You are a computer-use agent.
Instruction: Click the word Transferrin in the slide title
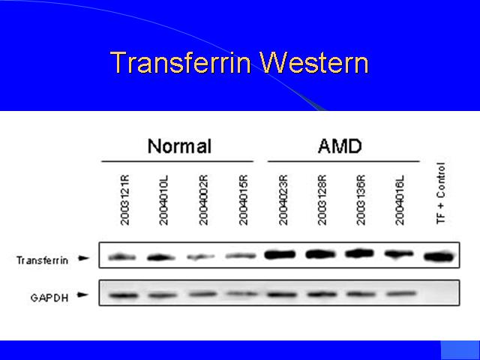pos(181,62)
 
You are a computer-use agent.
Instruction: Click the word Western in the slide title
pos(314,62)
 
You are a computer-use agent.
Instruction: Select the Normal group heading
pos(179,146)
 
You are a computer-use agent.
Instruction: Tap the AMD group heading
pos(340,146)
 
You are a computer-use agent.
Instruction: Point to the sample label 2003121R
pos(125,200)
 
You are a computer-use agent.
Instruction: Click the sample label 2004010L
pos(163,200)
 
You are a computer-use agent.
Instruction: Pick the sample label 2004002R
pos(203,200)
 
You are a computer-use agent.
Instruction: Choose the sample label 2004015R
pos(243,200)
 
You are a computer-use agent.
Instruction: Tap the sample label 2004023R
pos(283,200)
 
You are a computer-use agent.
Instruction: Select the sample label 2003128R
pos(322,200)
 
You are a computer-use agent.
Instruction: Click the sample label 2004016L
pos(400,200)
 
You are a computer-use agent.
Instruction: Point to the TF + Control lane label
pos(440,193)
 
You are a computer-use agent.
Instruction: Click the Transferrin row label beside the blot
pos(42,260)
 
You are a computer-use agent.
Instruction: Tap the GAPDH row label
pos(49,298)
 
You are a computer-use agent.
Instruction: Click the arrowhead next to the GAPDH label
pos(83,295)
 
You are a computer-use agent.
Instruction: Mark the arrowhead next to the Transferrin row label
pos(83,258)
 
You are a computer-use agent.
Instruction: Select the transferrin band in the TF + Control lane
pos(439,256)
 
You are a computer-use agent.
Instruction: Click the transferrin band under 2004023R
pos(280,254)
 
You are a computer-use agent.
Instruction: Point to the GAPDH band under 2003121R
pos(124,295)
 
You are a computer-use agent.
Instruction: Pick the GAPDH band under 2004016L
pos(401,294)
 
